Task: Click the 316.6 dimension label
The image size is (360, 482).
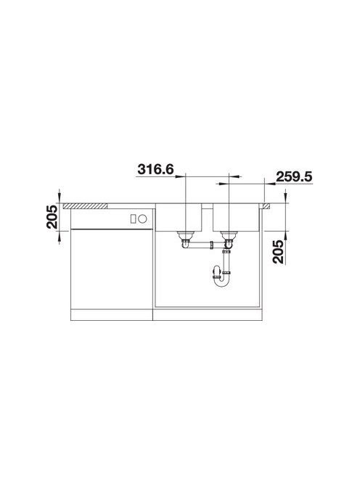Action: pos(155,169)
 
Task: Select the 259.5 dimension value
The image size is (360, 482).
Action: pos(294,176)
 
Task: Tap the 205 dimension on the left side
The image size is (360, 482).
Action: pos(52,216)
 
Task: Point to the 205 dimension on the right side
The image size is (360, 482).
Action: pos(279,252)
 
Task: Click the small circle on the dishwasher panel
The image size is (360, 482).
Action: pos(142,219)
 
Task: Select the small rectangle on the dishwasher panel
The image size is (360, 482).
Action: pos(133,219)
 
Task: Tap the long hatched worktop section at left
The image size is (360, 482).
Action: pos(85,206)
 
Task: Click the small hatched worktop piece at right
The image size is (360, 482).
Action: pos(266,206)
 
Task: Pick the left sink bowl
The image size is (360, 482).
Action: pos(179,217)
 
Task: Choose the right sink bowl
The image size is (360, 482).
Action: pos(236,217)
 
